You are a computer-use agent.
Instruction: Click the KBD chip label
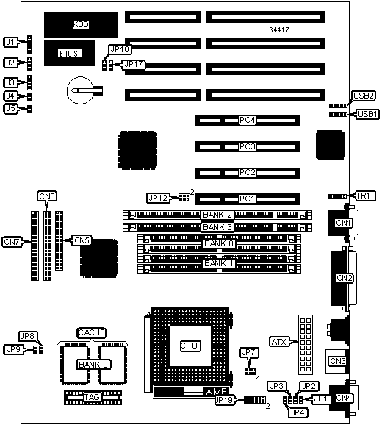[x=81, y=24]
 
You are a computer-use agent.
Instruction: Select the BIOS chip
[x=70, y=54]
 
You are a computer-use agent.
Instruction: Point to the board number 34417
[x=279, y=30]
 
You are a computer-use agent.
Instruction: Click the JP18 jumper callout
[x=120, y=49]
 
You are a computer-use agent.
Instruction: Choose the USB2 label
[x=364, y=96]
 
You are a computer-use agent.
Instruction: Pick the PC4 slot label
[x=247, y=120]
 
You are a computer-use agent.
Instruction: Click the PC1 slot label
[x=247, y=199]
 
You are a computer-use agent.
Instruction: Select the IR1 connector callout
[x=364, y=196]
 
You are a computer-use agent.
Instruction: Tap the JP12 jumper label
[x=158, y=198]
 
